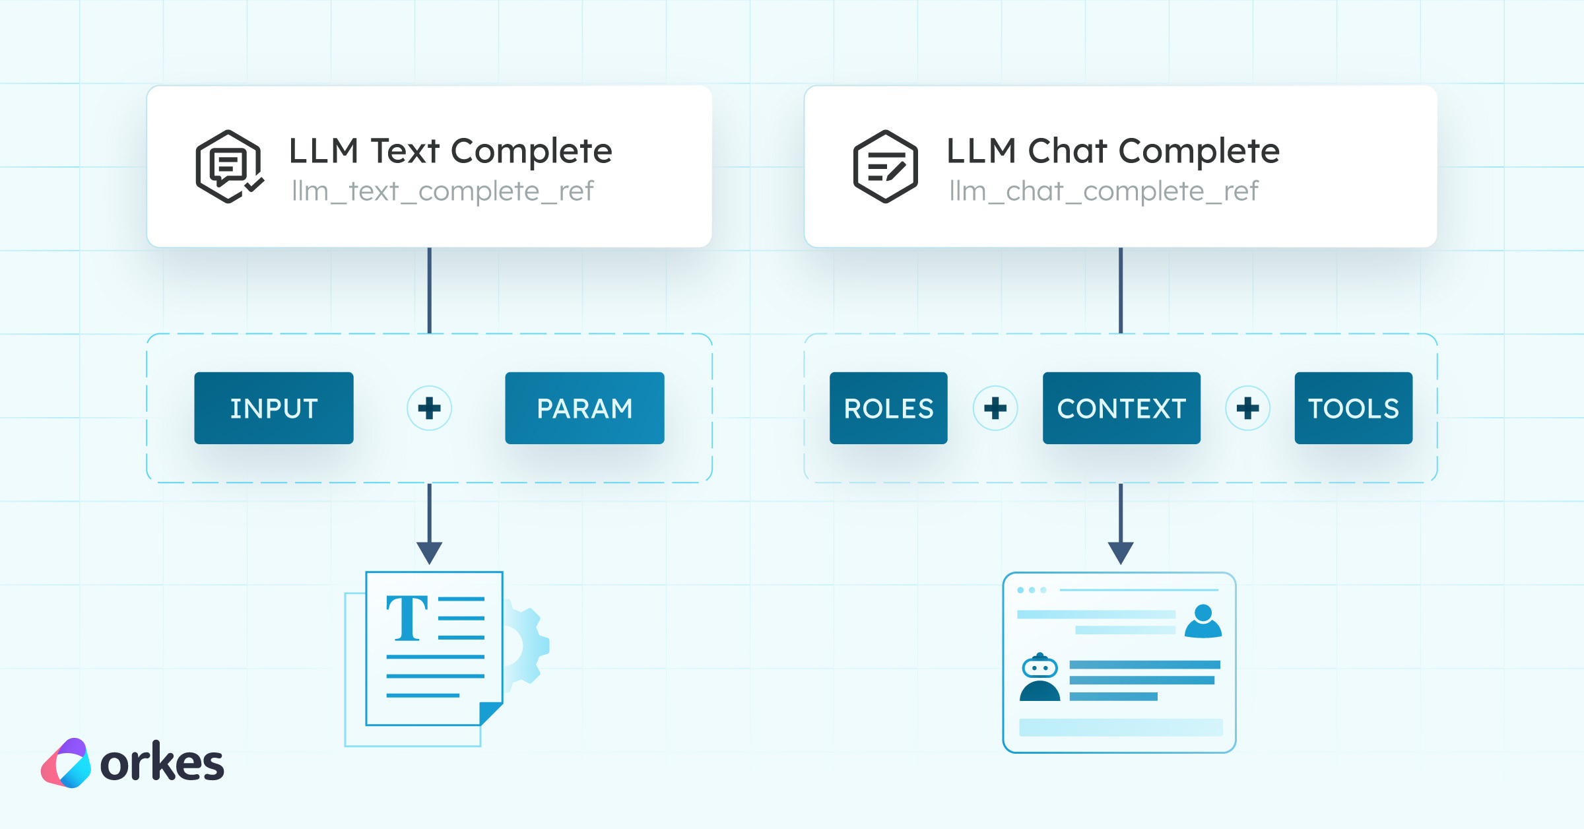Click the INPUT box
coord(273,408)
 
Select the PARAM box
coord(584,408)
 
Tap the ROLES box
coord(888,408)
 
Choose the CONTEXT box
coord(1121,408)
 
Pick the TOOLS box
coord(1353,408)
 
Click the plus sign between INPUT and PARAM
coord(429,408)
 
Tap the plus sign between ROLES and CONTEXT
coord(995,408)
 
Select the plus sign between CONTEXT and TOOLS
coord(1247,408)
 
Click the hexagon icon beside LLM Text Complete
coord(228,166)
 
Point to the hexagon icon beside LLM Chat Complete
coord(885,166)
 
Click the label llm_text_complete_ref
coord(442,191)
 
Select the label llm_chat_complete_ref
coord(1104,191)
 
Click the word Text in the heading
coord(405,151)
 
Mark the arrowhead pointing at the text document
coord(429,552)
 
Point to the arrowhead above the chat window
coord(1121,552)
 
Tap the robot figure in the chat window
coord(1039,678)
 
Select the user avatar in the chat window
coord(1203,622)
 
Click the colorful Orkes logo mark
coord(66,763)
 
